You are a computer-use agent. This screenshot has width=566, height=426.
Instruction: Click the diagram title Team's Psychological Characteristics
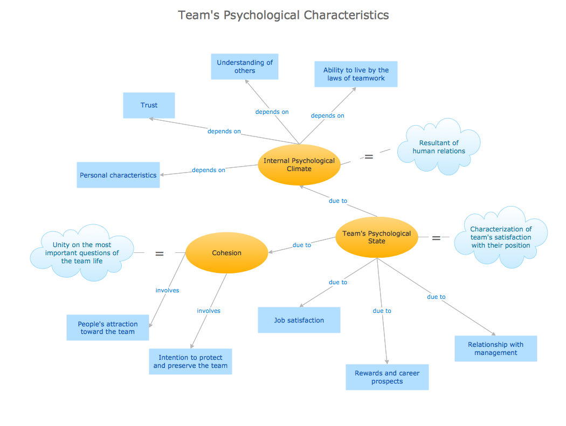[283, 15]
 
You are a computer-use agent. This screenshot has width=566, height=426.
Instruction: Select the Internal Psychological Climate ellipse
[299, 164]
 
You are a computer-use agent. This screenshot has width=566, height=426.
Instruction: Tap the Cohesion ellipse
[226, 253]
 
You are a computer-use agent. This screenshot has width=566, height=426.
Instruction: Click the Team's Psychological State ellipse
[377, 237]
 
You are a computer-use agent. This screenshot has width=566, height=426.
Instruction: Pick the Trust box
[149, 105]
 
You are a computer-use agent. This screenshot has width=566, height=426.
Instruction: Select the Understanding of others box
[245, 66]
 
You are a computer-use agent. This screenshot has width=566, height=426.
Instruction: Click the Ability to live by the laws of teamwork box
[356, 74]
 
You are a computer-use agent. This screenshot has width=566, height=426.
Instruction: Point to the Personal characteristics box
[118, 175]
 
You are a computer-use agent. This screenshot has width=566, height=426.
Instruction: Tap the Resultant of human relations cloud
[439, 147]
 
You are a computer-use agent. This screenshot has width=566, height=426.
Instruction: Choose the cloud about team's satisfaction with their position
[500, 237]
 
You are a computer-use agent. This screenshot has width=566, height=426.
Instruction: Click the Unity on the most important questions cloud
[82, 253]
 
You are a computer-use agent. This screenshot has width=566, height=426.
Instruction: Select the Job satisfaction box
[299, 320]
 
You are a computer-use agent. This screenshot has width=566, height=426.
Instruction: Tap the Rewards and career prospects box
[387, 377]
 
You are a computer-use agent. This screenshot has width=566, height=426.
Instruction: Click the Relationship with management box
[495, 348]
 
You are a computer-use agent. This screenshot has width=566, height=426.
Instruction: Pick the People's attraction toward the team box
[107, 328]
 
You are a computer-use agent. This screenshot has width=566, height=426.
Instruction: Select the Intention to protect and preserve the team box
[190, 361]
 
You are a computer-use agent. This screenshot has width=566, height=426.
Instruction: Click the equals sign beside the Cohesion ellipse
[160, 253]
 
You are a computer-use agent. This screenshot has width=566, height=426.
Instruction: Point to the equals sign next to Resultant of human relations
[369, 157]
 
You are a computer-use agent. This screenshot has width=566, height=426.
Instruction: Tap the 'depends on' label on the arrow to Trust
[224, 131]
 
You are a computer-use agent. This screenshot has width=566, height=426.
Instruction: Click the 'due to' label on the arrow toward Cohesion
[301, 245]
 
